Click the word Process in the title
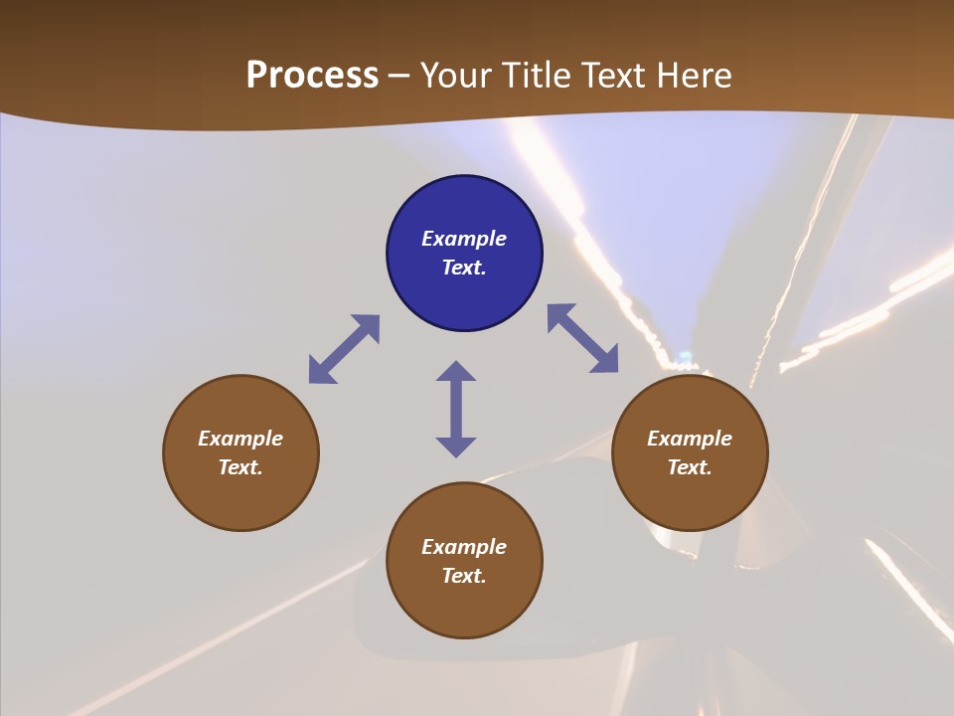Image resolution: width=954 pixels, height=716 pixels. click(x=312, y=76)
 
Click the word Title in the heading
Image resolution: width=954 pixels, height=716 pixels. click(x=532, y=76)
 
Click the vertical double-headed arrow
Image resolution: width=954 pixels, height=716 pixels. click(x=456, y=409)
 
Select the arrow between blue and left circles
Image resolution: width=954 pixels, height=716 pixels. click(x=344, y=349)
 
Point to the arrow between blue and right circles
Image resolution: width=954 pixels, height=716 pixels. click(x=582, y=338)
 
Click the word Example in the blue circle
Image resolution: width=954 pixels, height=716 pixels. click(x=464, y=239)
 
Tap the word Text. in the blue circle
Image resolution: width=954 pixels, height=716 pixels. click(x=464, y=268)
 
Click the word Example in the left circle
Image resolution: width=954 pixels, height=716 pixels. click(x=240, y=439)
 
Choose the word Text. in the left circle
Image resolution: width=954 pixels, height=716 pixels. click(x=240, y=467)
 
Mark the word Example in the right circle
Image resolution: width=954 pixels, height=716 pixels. click(x=690, y=439)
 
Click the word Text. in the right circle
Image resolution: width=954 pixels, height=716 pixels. click(x=690, y=467)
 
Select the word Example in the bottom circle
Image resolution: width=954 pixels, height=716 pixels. click(x=464, y=547)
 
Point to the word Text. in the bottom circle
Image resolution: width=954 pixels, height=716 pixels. click(x=464, y=576)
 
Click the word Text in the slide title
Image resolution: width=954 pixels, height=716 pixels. click(x=611, y=76)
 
